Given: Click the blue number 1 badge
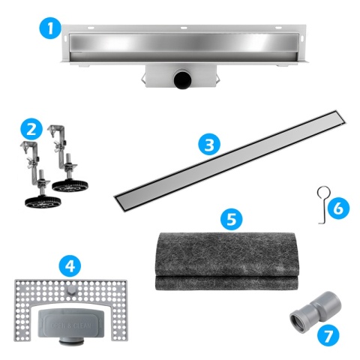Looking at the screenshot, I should click(50, 30).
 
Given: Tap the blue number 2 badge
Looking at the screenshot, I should click(30, 128).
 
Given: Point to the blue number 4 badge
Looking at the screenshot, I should click(70, 265).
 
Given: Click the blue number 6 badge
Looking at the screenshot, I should click(337, 207).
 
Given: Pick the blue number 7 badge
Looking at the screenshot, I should click(326, 334).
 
